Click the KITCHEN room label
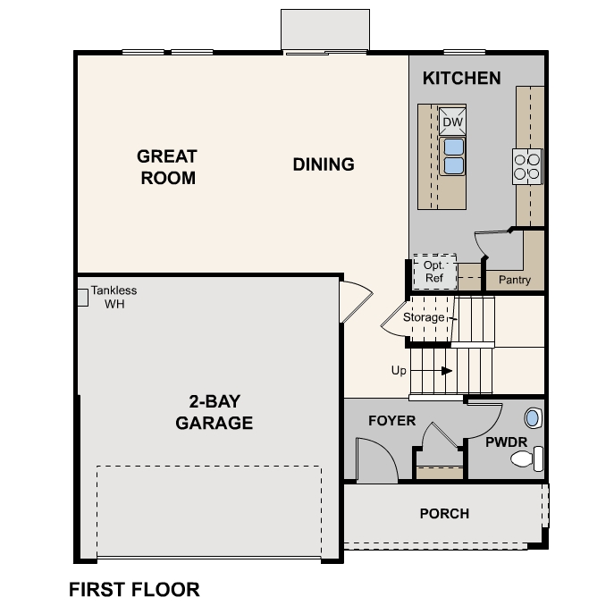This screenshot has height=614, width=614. pyautogui.click(x=461, y=79)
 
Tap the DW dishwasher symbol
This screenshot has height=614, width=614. pyautogui.click(x=452, y=122)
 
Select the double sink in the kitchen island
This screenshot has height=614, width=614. pyautogui.click(x=452, y=156)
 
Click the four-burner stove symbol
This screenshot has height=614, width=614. pyautogui.click(x=527, y=166)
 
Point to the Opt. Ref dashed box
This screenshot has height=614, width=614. pyautogui.click(x=433, y=272)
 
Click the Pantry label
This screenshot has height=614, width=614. pyautogui.click(x=514, y=280)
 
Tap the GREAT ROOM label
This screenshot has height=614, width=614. pyautogui.click(x=167, y=167)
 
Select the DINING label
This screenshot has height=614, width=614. pyautogui.click(x=324, y=164)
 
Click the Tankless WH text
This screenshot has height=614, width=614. pyautogui.click(x=114, y=298)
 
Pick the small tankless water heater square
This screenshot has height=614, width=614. pyautogui.click(x=81, y=297)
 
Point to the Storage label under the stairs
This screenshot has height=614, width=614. pyautogui.click(x=423, y=317)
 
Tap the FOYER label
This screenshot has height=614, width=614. pyautogui.click(x=392, y=420)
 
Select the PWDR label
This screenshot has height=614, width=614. pyautogui.click(x=506, y=442)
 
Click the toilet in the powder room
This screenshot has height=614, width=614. pyautogui.click(x=526, y=460)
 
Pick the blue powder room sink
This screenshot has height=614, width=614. pyautogui.click(x=533, y=417)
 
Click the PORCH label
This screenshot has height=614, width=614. pyautogui.click(x=444, y=514)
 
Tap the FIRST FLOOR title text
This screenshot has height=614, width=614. pyautogui.click(x=134, y=590)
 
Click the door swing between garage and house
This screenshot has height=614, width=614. pyautogui.click(x=354, y=301)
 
